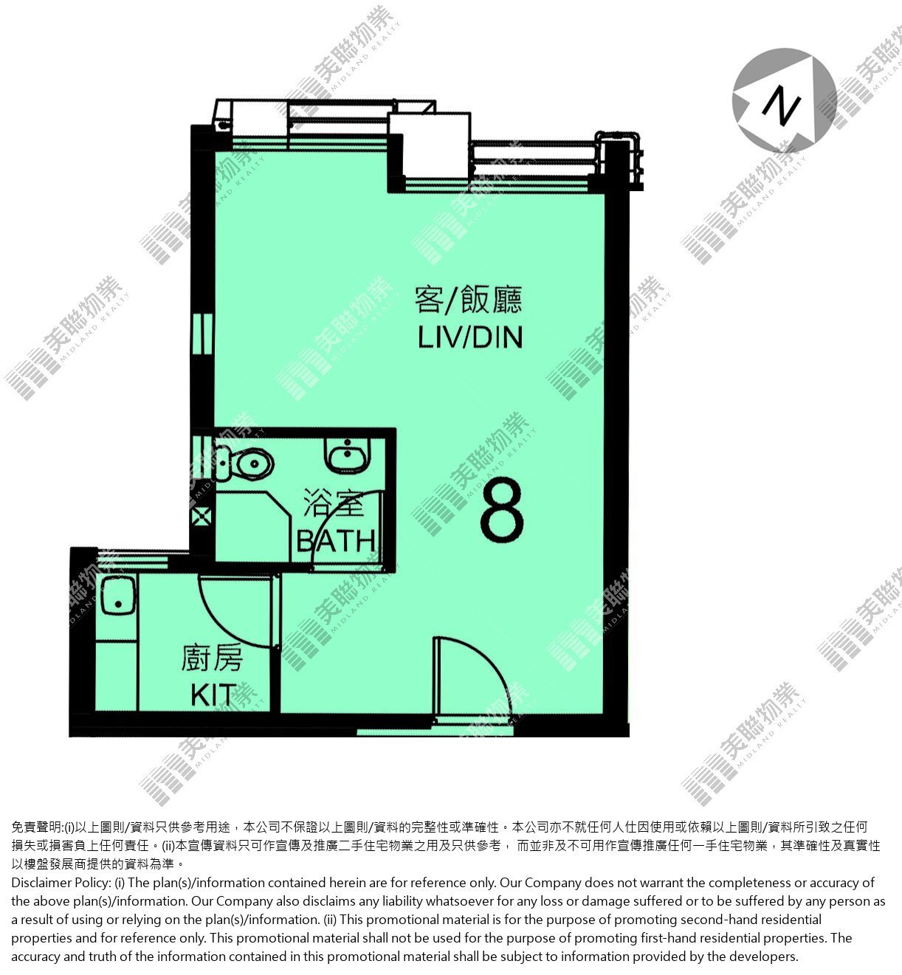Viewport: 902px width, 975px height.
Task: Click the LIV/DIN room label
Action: pos(470,337)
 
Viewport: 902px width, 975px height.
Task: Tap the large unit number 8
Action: pos(502,509)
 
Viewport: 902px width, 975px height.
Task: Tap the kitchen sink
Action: pos(118,596)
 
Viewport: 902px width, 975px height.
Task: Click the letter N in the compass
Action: pos(781,105)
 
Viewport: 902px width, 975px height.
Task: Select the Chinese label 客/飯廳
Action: pos(469,300)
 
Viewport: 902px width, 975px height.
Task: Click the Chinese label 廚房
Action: pos(212,658)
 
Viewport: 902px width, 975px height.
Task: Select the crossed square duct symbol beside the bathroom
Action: pos(202,517)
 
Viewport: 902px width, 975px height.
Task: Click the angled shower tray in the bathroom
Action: pos(254,526)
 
